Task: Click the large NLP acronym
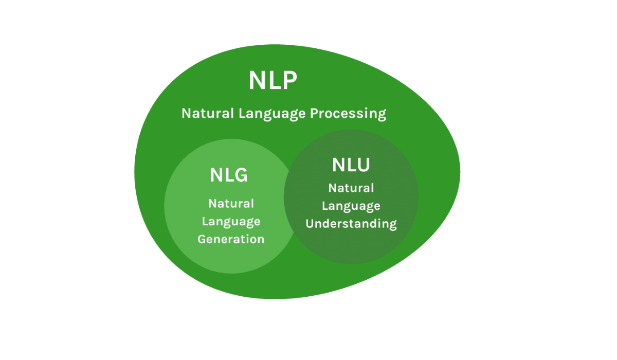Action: tap(273, 81)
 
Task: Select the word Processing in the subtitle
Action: tap(348, 113)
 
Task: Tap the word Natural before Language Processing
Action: tap(207, 113)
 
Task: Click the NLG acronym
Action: tap(229, 175)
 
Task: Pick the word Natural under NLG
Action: tap(231, 204)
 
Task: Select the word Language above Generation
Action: tap(231, 222)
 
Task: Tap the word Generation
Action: tap(231, 239)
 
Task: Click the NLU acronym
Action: tap(351, 165)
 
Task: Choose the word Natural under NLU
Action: tap(351, 188)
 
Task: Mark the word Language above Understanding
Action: tap(351, 206)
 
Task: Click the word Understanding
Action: tap(351, 224)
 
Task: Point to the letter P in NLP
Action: tap(289, 81)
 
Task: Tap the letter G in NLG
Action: tap(240, 175)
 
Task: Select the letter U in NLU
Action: tap(363, 165)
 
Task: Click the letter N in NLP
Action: tap(258, 81)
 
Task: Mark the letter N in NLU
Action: tap(339, 165)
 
